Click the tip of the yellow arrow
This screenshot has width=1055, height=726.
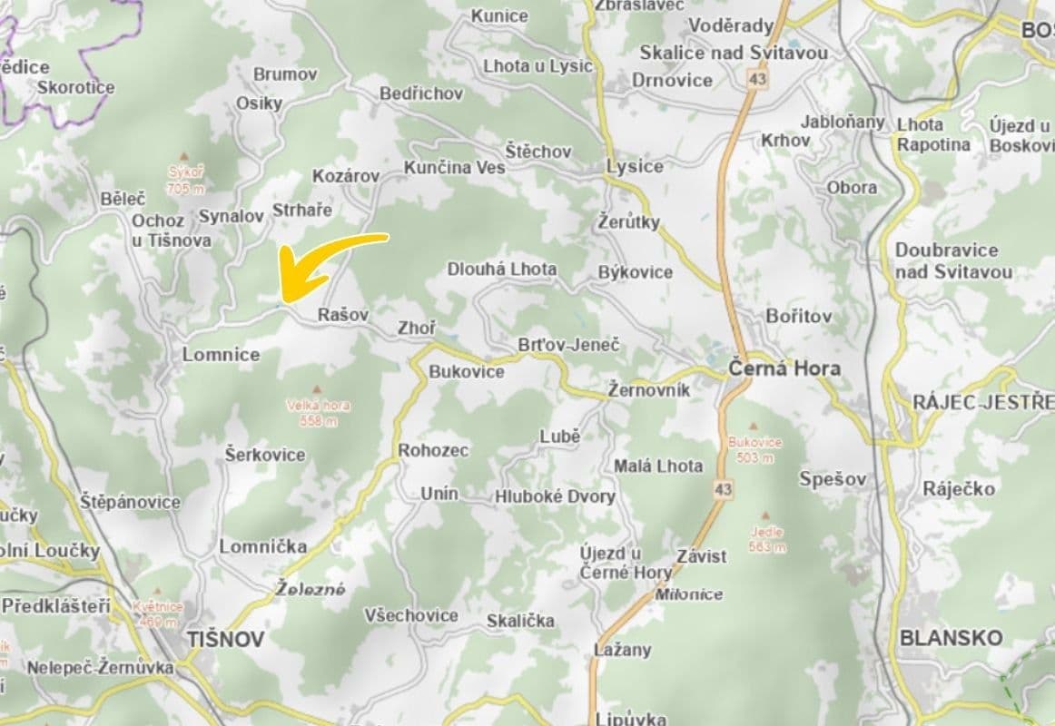point(284,299)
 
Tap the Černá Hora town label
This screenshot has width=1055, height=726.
point(784,368)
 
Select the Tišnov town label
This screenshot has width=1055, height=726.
point(226,639)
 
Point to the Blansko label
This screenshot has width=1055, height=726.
point(951,637)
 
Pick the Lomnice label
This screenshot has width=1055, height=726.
point(221,354)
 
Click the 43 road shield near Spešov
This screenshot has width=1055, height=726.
point(722,489)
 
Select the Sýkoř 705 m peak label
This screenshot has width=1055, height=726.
point(186,180)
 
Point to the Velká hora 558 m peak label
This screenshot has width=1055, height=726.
point(317,413)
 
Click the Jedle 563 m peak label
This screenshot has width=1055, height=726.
point(767,539)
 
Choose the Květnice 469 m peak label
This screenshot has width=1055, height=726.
point(157,614)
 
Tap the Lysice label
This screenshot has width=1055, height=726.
point(635,166)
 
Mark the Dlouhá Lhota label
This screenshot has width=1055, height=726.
point(502,270)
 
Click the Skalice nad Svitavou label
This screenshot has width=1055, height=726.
point(734,53)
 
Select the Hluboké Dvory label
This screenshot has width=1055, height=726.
point(555,496)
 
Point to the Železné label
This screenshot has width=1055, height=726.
point(311,589)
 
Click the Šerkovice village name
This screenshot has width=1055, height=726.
point(265,455)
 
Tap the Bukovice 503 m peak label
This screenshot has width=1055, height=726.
point(754,449)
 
